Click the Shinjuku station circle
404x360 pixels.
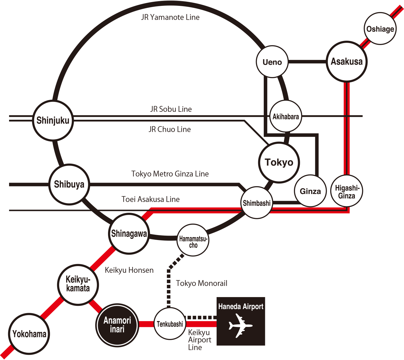[53, 120]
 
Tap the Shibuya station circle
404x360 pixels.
[69, 184]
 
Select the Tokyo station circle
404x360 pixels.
[279, 162]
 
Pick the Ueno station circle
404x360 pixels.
[272, 62]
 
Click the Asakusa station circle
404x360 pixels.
[347, 61]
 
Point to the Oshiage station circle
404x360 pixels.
[380, 29]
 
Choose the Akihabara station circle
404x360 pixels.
[286, 116]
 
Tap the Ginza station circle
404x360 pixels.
[310, 191]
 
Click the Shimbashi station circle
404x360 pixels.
[257, 203]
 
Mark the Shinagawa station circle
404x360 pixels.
[129, 234]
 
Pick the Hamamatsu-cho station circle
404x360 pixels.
[193, 240]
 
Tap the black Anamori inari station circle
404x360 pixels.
[117, 325]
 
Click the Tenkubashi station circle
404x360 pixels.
[170, 324]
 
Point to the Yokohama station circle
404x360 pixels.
[29, 334]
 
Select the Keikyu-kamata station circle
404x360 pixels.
[78, 284]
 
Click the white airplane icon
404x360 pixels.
[240, 325]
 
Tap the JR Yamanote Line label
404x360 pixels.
[170, 17]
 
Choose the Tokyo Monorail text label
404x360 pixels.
[201, 283]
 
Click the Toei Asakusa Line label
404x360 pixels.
[150, 199]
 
